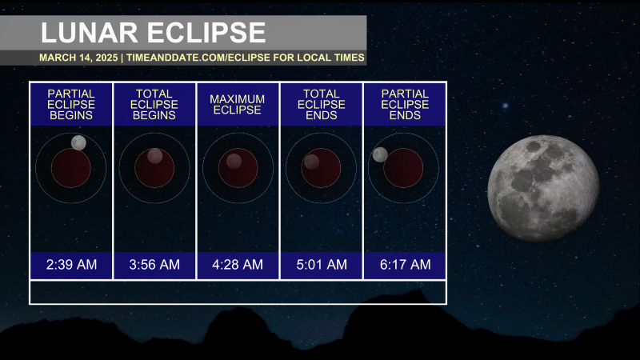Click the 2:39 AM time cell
(x=71, y=265)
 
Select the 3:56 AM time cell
(x=154, y=265)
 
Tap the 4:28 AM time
(x=238, y=265)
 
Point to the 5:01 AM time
(x=322, y=265)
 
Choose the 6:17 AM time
(x=405, y=265)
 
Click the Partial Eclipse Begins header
(x=71, y=105)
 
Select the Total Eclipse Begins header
(x=154, y=105)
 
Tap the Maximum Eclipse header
(x=237, y=105)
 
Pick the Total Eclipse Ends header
(x=322, y=105)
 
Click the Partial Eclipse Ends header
(x=405, y=105)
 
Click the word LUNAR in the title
(x=90, y=33)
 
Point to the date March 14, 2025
(x=78, y=58)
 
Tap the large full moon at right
(x=543, y=189)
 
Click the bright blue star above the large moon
(x=506, y=106)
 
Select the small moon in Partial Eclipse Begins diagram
(x=78, y=143)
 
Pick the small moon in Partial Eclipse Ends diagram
(x=380, y=154)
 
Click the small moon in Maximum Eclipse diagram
(x=234, y=162)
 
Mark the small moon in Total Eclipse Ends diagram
(x=311, y=162)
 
